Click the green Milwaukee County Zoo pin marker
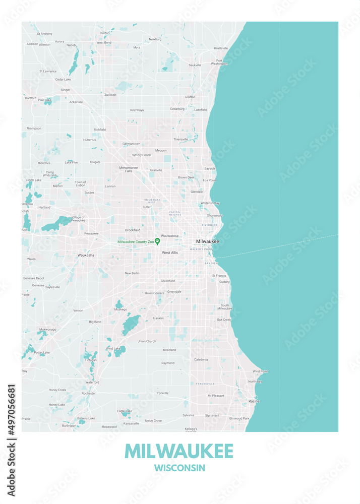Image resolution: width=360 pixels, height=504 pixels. tap(157, 241)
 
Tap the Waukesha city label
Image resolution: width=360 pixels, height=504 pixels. tap(86, 255)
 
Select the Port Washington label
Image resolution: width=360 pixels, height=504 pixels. tap(219, 62)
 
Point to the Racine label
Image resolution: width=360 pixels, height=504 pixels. tap(254, 401)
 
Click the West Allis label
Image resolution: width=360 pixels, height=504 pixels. tap(170, 253)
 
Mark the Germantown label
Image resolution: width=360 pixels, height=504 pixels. tap(132, 144)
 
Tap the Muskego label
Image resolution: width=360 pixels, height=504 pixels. tap(121, 309)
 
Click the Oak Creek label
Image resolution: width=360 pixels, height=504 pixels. tap(224, 320)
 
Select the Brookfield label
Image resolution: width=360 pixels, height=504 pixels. tap(133, 230)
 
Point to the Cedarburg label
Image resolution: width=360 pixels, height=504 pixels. tap(177, 108)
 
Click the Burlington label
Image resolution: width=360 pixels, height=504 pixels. tap(69, 425)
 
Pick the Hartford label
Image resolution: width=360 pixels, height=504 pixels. tap(31, 98)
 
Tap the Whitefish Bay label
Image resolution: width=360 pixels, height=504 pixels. tap(210, 203)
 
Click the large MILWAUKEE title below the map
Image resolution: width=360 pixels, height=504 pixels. tap(179, 451)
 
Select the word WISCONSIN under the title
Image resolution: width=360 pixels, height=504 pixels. tap(180, 468)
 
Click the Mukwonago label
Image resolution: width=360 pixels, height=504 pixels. tap(48, 329)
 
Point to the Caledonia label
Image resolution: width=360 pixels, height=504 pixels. tap(201, 359)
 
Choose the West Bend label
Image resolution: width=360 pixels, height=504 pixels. tap(104, 42)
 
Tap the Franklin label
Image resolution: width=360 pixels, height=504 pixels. tap(158, 318)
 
